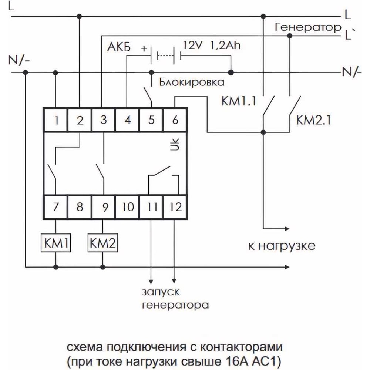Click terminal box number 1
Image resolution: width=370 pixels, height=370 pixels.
point(56,120)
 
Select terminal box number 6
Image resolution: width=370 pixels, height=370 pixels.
point(175,120)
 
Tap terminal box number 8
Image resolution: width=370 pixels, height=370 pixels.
point(80,207)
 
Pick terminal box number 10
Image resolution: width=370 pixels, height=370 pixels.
point(127,207)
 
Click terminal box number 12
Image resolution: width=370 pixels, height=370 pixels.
point(175,207)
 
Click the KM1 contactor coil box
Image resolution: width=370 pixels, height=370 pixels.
point(56,243)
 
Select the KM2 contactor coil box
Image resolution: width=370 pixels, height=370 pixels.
point(102,243)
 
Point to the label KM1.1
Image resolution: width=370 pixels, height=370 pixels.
point(239,101)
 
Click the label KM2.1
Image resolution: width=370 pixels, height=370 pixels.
point(313,120)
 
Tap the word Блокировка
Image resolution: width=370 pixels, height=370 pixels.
point(191,83)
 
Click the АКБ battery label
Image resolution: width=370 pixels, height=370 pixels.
point(119,47)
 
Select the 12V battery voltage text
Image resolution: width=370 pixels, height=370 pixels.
point(192,45)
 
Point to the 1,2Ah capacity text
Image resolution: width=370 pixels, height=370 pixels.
point(225,45)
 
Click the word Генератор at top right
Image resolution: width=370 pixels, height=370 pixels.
point(308,27)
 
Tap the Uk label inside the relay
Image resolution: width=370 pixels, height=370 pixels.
point(175,144)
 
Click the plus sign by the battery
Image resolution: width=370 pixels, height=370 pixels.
point(144,49)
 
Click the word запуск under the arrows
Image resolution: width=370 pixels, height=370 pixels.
point(161,292)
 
